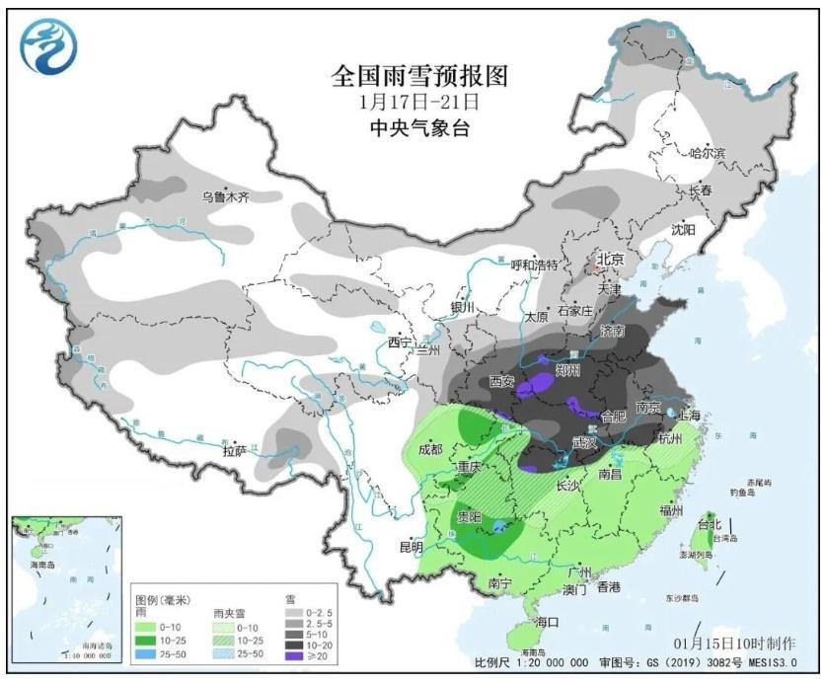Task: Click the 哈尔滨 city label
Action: pyautogui.click(x=707, y=154)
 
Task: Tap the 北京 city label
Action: pyautogui.click(x=610, y=260)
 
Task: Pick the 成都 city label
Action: pyautogui.click(x=430, y=450)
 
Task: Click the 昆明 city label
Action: pyautogui.click(x=411, y=547)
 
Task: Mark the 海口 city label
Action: pyautogui.click(x=547, y=622)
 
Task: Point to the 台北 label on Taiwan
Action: pyautogui.click(x=711, y=522)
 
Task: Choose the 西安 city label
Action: pyautogui.click(x=502, y=380)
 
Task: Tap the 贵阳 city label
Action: pyautogui.click(x=469, y=516)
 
